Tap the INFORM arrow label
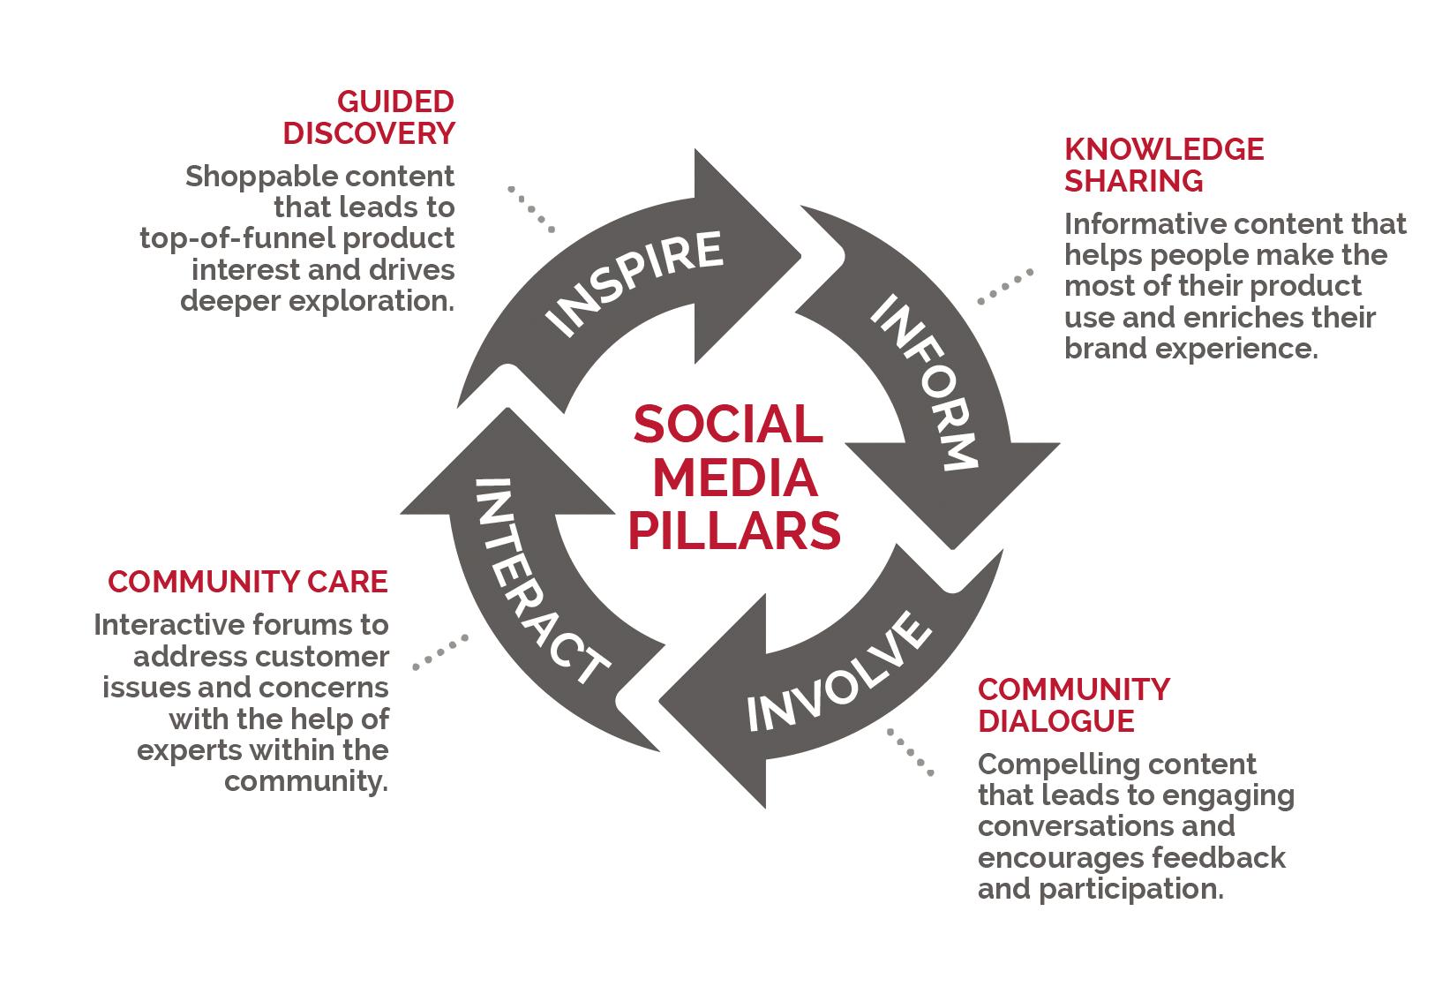pyautogui.click(x=923, y=385)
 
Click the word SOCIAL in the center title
pyautogui.click(x=728, y=424)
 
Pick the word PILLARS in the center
pyautogui.click(x=734, y=531)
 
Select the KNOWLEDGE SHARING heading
pyautogui.click(x=1163, y=164)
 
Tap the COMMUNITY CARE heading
pyautogui.click(x=248, y=582)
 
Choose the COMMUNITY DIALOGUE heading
pyautogui.click(x=1073, y=704)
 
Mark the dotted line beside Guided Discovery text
pyautogui.click(x=531, y=209)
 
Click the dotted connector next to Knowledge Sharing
pyautogui.click(x=1005, y=287)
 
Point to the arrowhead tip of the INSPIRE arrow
pyautogui.click(x=799, y=256)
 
